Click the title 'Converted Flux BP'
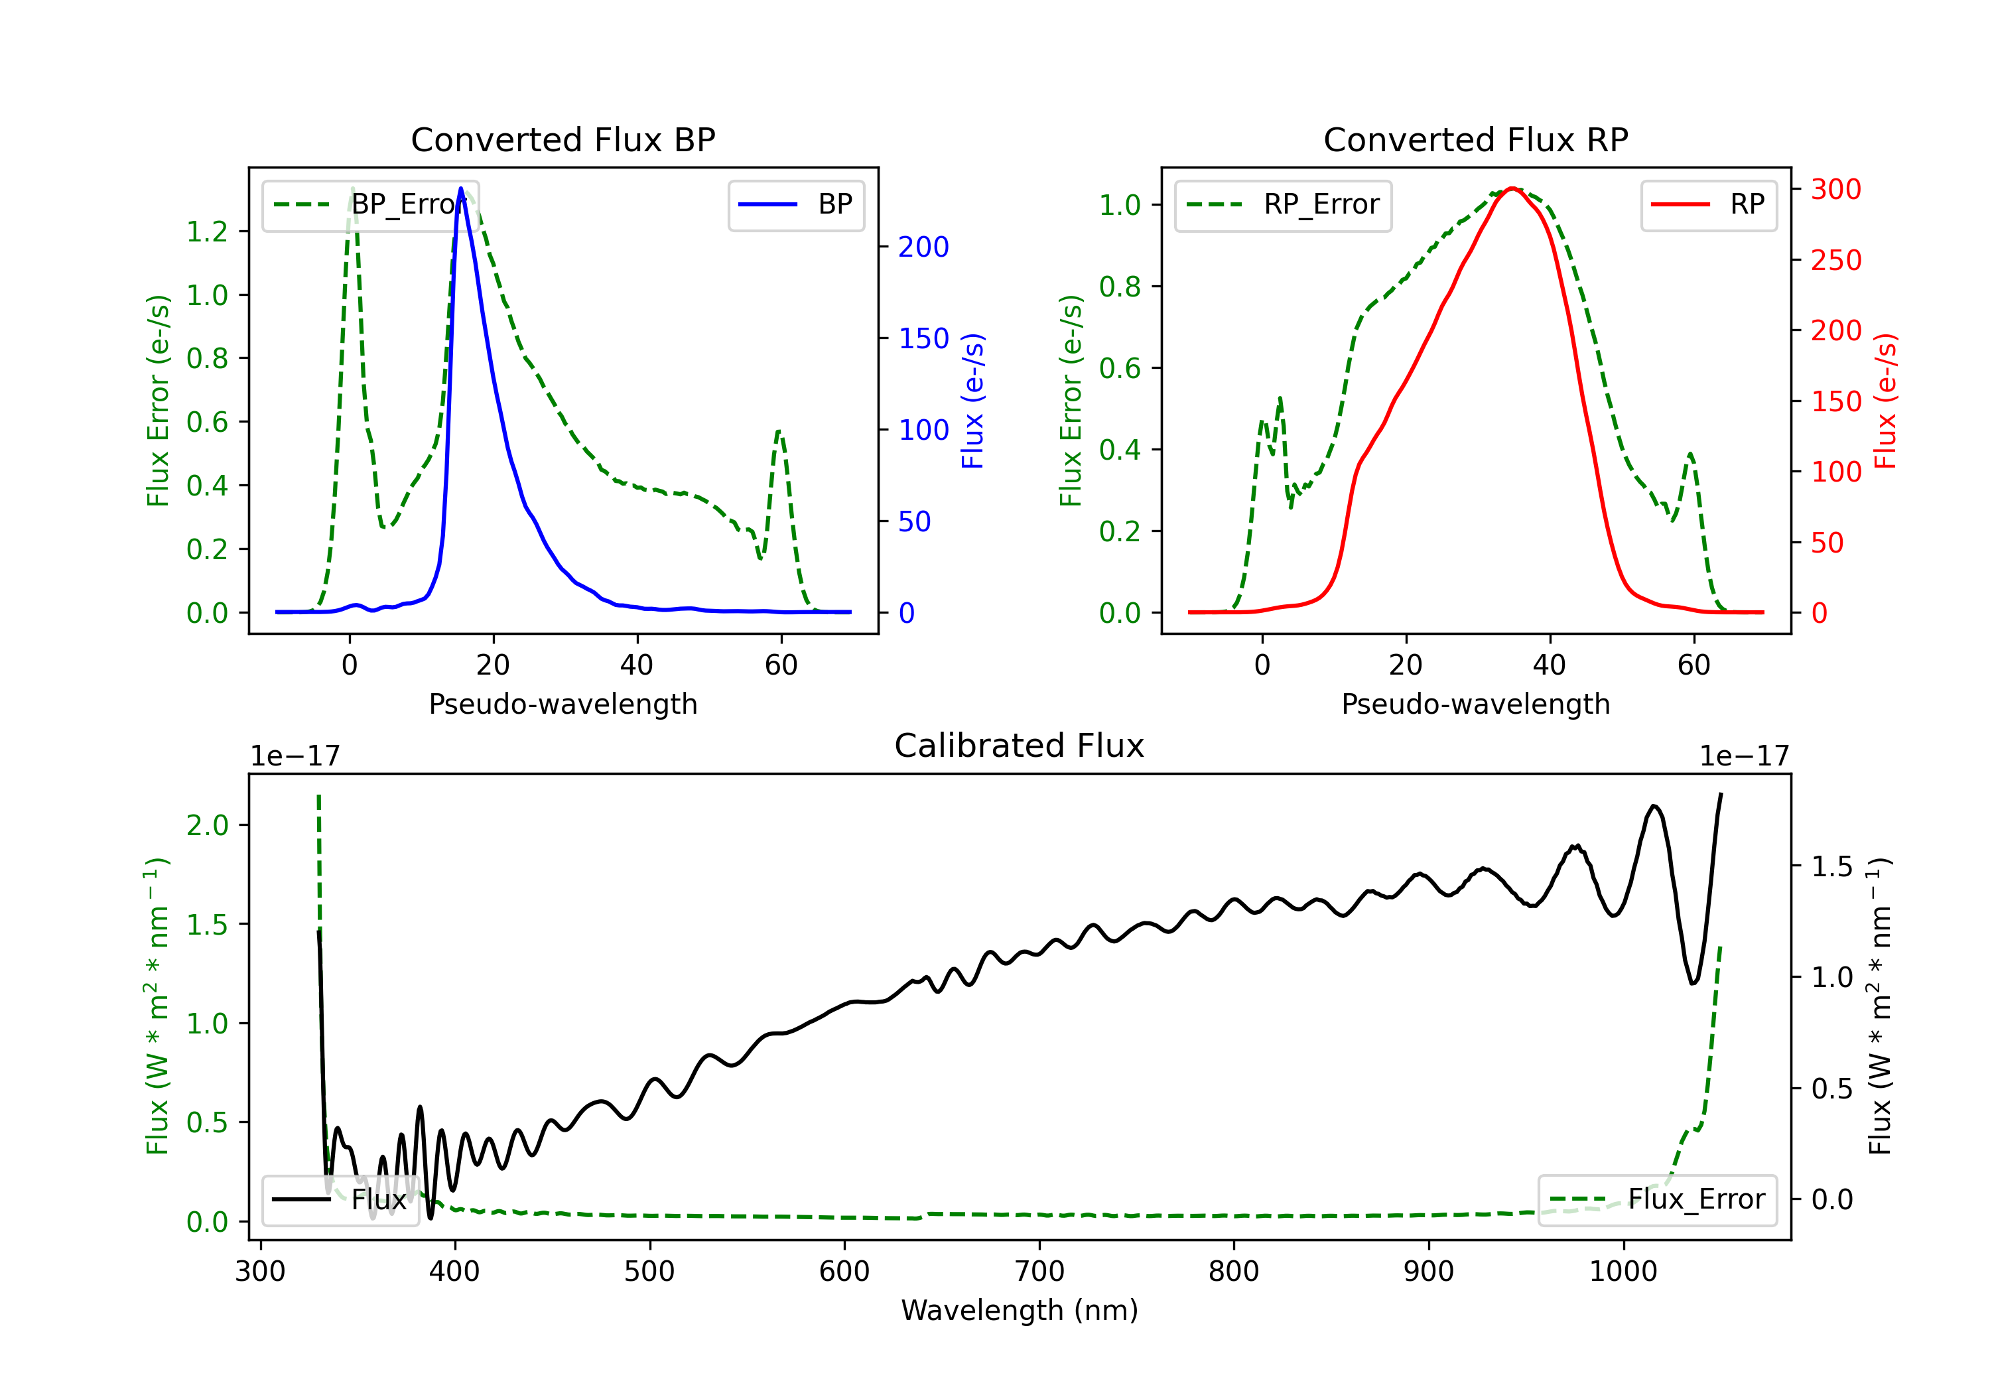[x=563, y=139]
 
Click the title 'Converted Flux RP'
[x=1475, y=139]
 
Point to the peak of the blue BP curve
[x=461, y=189]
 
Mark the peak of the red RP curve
[x=1512, y=188]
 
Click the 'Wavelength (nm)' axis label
[x=1020, y=1310]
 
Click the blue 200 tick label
[x=923, y=247]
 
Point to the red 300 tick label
[x=1835, y=189]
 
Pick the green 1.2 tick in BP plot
[x=207, y=232]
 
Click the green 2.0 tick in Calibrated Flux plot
[x=207, y=825]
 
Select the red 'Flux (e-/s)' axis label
[x=1886, y=401]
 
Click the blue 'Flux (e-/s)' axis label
[x=972, y=401]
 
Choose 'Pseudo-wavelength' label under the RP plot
[x=1475, y=704]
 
